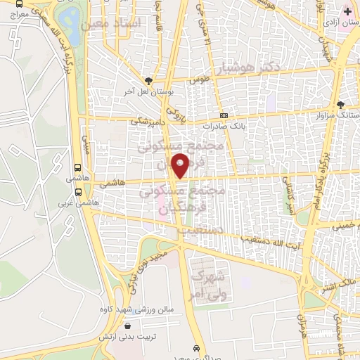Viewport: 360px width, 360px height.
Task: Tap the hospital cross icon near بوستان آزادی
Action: coord(347,11)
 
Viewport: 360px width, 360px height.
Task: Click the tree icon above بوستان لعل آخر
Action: coord(148,81)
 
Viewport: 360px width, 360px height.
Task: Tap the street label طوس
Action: coord(205,80)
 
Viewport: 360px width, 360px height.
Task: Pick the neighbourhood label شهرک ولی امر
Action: coord(208,280)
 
